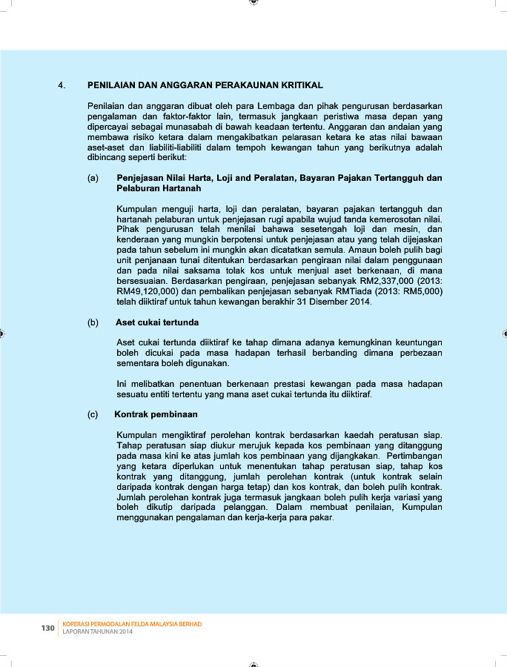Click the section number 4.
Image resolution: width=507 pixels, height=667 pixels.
click(x=61, y=85)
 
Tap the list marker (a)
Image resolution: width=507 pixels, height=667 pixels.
click(x=93, y=178)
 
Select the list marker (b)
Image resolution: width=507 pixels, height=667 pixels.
click(x=93, y=322)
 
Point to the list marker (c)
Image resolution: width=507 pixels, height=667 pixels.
click(x=93, y=414)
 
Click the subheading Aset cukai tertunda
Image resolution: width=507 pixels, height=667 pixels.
click(x=157, y=322)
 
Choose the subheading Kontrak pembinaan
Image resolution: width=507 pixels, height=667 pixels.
click(x=156, y=414)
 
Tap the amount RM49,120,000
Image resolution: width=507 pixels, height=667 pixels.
click(x=148, y=292)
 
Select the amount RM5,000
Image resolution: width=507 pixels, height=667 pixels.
click(x=425, y=292)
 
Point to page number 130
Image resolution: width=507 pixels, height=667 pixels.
click(x=48, y=628)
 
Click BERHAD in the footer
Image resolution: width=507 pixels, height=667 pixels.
click(x=187, y=624)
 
